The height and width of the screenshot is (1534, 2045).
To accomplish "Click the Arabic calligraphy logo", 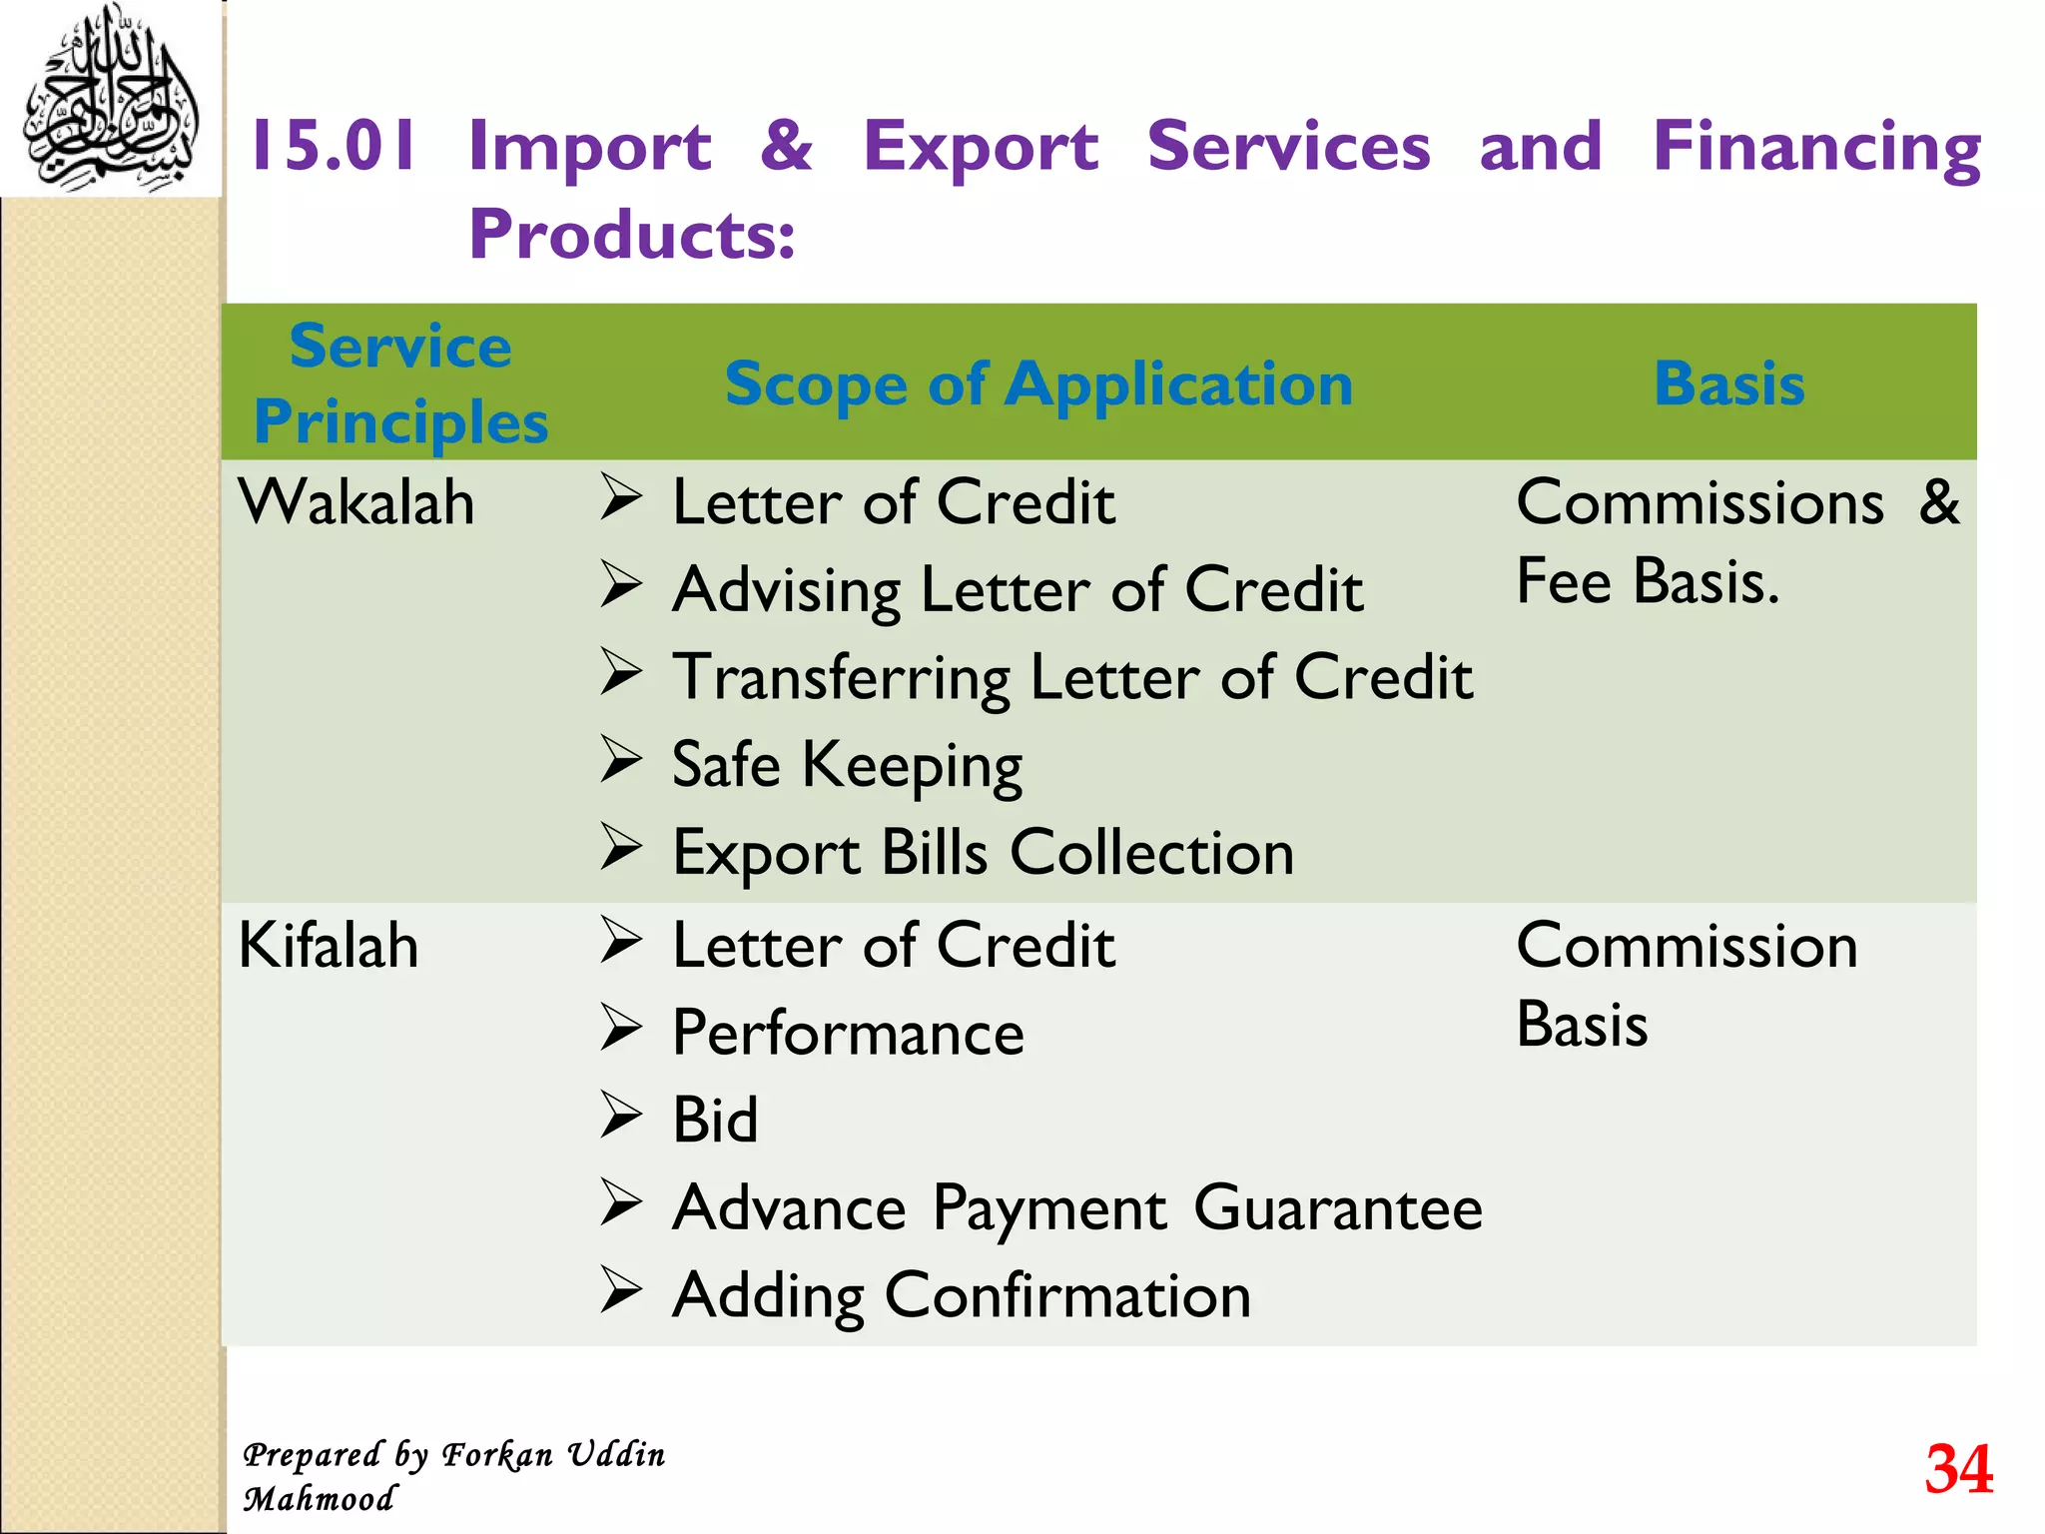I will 110,100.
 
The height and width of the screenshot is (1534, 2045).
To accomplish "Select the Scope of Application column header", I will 1038,384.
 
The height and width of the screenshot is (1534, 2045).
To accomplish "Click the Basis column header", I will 1729,383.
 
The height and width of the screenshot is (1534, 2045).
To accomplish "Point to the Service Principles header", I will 400,383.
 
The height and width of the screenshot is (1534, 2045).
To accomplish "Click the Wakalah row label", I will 356,501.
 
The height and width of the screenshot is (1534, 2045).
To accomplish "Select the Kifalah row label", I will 329,945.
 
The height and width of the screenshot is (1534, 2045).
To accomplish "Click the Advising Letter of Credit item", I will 1018,589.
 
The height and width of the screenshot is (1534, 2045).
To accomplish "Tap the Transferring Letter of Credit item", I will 1072,677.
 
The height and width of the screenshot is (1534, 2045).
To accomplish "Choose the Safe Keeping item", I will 847,765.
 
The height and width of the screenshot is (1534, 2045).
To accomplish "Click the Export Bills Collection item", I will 983,853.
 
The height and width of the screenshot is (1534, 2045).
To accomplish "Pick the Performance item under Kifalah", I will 848,1033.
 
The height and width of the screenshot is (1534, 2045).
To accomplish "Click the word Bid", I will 715,1120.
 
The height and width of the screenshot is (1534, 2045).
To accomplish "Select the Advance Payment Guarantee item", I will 1077,1208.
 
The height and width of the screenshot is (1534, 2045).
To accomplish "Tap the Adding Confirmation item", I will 962,1295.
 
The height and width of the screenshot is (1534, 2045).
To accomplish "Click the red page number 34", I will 1958,1469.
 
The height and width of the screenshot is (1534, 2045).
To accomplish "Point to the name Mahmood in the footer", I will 320,1499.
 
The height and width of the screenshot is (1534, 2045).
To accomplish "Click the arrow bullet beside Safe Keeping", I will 620,760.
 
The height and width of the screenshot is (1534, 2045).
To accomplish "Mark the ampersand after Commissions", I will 1939,501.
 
